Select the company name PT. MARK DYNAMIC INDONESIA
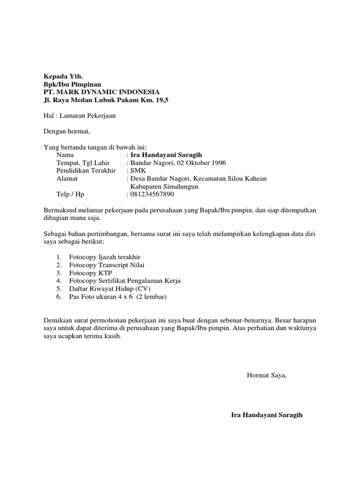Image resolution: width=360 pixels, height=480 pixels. click(101, 92)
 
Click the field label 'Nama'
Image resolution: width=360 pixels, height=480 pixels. click(65, 155)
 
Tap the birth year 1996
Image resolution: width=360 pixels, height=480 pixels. click(218, 163)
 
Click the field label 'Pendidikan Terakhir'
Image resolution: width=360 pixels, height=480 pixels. click(86, 171)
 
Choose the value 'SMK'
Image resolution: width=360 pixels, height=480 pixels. click(139, 171)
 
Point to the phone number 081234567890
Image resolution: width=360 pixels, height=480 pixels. click(152, 194)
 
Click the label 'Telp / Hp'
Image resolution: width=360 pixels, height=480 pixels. click(70, 194)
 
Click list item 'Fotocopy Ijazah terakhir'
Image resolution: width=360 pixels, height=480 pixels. click(105, 257)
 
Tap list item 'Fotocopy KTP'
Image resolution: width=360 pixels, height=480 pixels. click(90, 273)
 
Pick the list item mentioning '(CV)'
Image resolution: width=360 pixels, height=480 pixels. click(106, 289)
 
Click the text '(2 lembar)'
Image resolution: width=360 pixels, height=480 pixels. click(151, 297)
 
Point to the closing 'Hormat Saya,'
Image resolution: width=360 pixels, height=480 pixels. click(266, 375)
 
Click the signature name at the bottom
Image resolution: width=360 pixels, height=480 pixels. click(267, 415)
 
